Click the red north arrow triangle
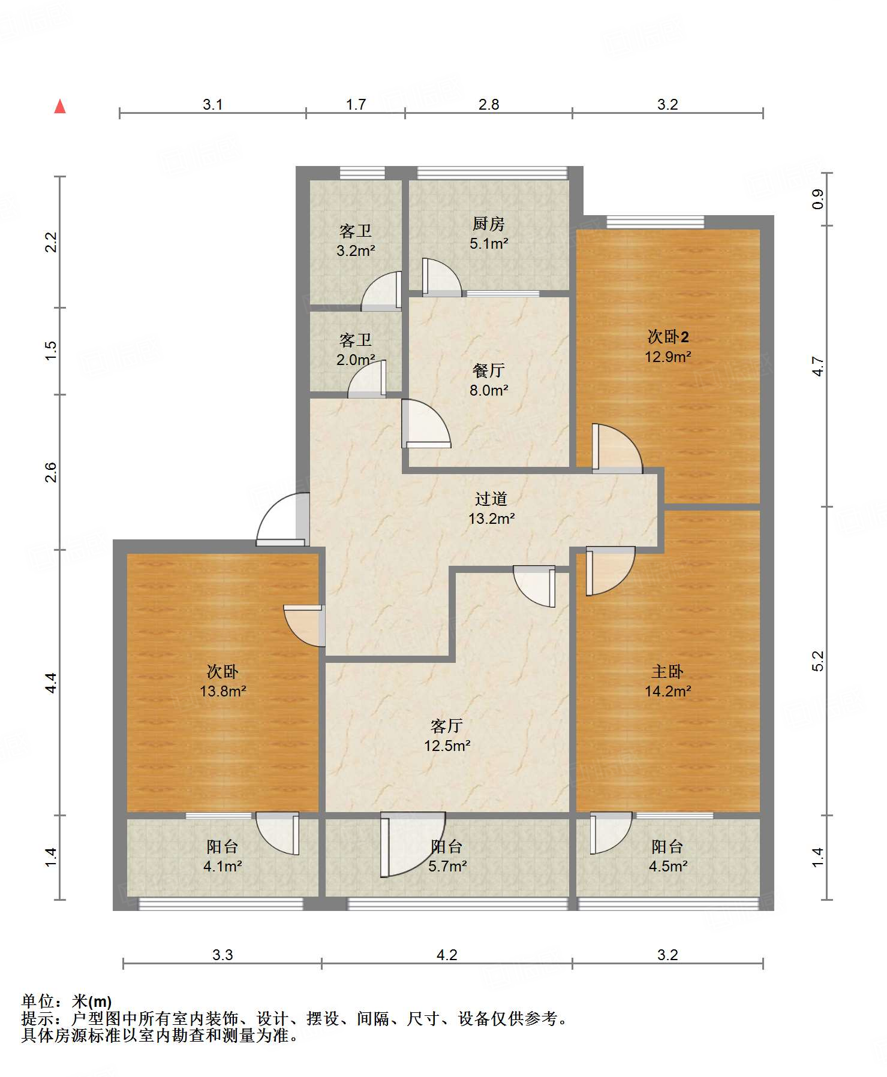[60, 107]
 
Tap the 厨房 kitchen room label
[489, 224]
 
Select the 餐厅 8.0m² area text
[489, 391]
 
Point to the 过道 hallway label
[491, 499]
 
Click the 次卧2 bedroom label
[668, 336]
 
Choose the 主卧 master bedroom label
[667, 671]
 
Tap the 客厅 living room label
[447, 726]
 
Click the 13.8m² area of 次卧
[223, 692]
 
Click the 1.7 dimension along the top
[356, 105]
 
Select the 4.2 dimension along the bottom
[447, 955]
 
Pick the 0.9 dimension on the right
[818, 199]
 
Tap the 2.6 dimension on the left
[52, 472]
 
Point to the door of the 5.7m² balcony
[413, 844]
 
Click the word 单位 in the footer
[38, 1001]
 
